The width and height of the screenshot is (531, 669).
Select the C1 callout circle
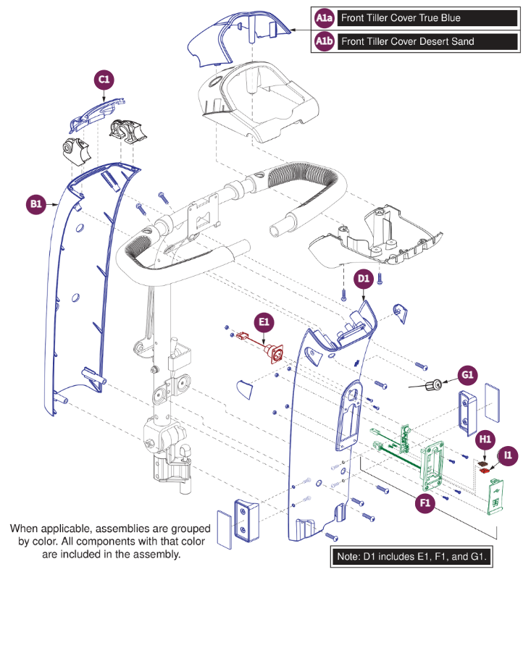coord(104,80)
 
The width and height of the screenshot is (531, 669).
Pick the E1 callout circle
coord(264,322)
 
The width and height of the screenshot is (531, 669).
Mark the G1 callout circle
coord(467,374)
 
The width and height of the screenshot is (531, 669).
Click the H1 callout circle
coord(485,439)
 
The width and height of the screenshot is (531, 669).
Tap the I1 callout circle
coord(509,455)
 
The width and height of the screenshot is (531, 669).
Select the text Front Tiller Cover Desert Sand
coord(407,42)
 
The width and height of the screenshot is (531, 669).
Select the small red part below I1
coord(486,470)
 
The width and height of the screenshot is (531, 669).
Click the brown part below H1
coord(483,460)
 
